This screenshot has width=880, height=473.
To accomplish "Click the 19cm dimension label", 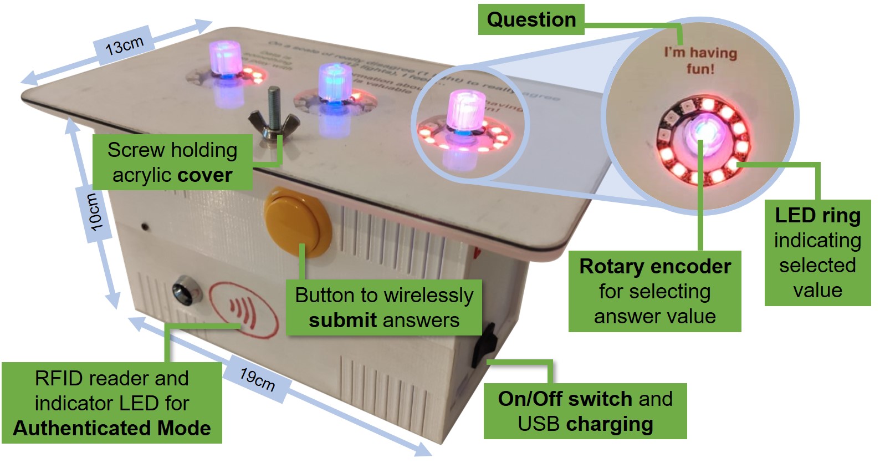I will tap(257, 379).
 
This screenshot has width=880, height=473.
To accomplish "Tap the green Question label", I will tap(531, 20).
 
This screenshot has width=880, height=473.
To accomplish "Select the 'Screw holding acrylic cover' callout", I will tap(172, 162).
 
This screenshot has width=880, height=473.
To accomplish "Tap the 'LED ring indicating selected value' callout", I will tap(817, 252).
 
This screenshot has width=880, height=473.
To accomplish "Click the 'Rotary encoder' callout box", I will tap(654, 291).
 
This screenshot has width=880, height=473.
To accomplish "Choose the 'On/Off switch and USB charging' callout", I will tap(585, 411).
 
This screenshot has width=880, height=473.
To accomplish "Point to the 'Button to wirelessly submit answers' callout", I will tap(383, 307).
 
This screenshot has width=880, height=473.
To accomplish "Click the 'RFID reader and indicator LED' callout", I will tap(111, 403).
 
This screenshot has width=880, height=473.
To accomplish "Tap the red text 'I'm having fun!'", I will tap(700, 60).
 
